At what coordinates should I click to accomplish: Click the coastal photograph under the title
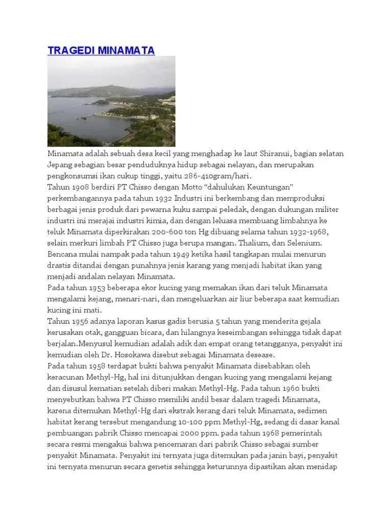111,101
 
